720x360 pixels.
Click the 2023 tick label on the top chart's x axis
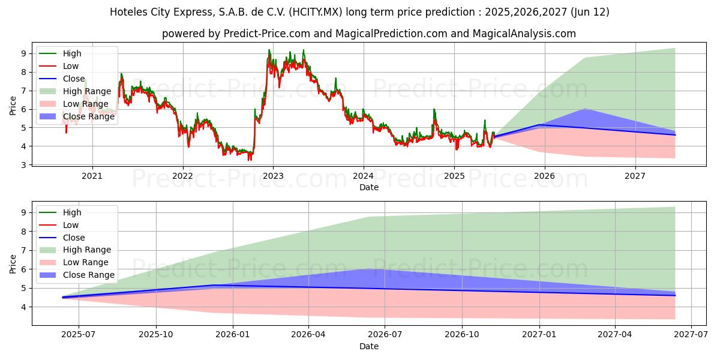click(273, 176)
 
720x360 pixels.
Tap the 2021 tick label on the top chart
click(92, 176)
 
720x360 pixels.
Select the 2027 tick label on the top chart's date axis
click(635, 176)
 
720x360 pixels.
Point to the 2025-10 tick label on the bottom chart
click(156, 335)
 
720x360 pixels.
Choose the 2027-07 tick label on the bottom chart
click(691, 335)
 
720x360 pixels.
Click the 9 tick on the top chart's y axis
click(24, 53)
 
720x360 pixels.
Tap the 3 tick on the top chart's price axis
click(24, 165)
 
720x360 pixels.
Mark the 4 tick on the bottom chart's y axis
click(24, 307)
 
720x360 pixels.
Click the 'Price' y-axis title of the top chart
click(13, 106)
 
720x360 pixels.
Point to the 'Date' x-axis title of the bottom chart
click(369, 346)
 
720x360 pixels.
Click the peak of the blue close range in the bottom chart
click(368, 269)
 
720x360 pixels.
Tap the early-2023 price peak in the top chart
click(269, 50)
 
